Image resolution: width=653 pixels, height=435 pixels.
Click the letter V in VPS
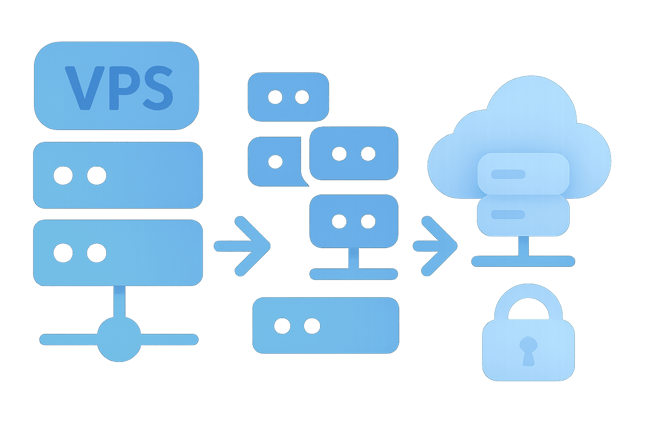pyautogui.click(x=83, y=88)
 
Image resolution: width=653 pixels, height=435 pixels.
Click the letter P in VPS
pyautogui.click(x=122, y=88)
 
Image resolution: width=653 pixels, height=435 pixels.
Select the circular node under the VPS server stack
pyautogui.click(x=119, y=339)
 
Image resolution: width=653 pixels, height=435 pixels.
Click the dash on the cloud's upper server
pyautogui.click(x=508, y=174)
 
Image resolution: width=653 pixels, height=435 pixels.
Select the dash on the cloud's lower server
pyautogui.click(x=508, y=215)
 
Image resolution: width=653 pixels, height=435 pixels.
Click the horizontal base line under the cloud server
pyautogui.click(x=523, y=261)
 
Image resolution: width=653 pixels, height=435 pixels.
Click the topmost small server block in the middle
pyautogui.click(x=288, y=97)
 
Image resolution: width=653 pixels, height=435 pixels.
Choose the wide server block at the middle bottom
pyautogui.click(x=326, y=325)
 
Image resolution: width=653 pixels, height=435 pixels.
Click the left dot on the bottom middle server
pyautogui.click(x=282, y=326)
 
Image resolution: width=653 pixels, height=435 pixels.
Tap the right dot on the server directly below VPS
pyautogui.click(x=97, y=175)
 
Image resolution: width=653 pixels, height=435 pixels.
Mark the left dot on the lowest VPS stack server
pyautogui.click(x=63, y=253)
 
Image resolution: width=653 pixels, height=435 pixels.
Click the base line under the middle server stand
pyautogui.click(x=354, y=274)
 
